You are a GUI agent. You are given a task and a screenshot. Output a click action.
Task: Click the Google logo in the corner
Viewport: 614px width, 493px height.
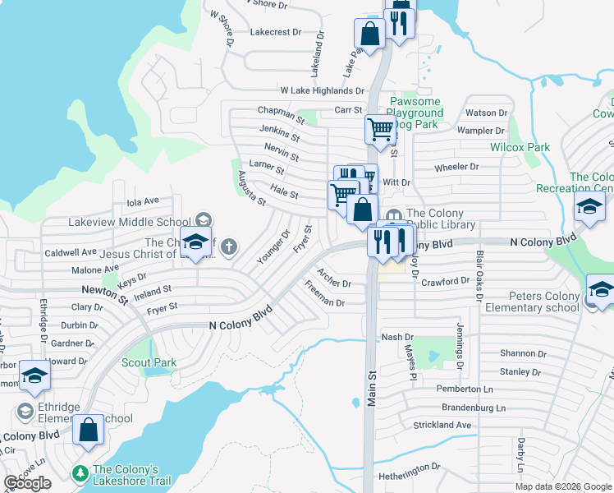(27, 483)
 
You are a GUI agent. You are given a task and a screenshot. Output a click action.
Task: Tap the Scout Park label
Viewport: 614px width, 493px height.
(149, 362)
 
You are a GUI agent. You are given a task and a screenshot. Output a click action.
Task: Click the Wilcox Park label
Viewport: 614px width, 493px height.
(520, 147)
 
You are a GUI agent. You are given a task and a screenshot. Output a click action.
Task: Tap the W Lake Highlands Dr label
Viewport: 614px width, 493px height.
(322, 90)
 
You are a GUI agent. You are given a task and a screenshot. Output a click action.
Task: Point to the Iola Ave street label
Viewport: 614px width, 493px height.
(143, 200)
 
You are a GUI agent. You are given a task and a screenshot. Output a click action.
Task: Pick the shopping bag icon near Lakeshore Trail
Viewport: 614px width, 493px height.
(89, 430)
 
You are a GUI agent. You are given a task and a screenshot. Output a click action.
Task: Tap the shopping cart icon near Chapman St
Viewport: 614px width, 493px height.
(380, 129)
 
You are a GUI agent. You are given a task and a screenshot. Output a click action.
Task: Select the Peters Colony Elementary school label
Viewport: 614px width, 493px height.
(543, 302)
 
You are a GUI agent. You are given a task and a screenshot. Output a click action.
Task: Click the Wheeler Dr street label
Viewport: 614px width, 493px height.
(456, 167)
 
